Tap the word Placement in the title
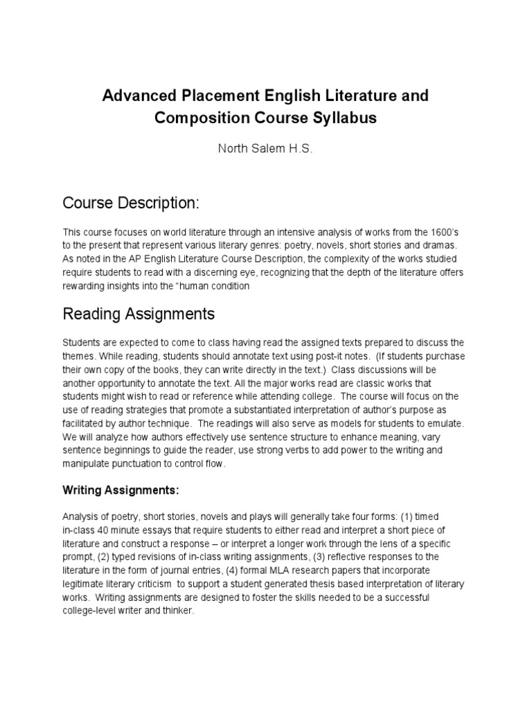pyautogui.click(x=209, y=95)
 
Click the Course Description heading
pyautogui.click(x=131, y=204)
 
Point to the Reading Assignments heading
pyautogui.click(x=139, y=314)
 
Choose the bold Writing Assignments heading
pyautogui.click(x=121, y=490)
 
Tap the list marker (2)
pyautogui.click(x=102, y=557)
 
